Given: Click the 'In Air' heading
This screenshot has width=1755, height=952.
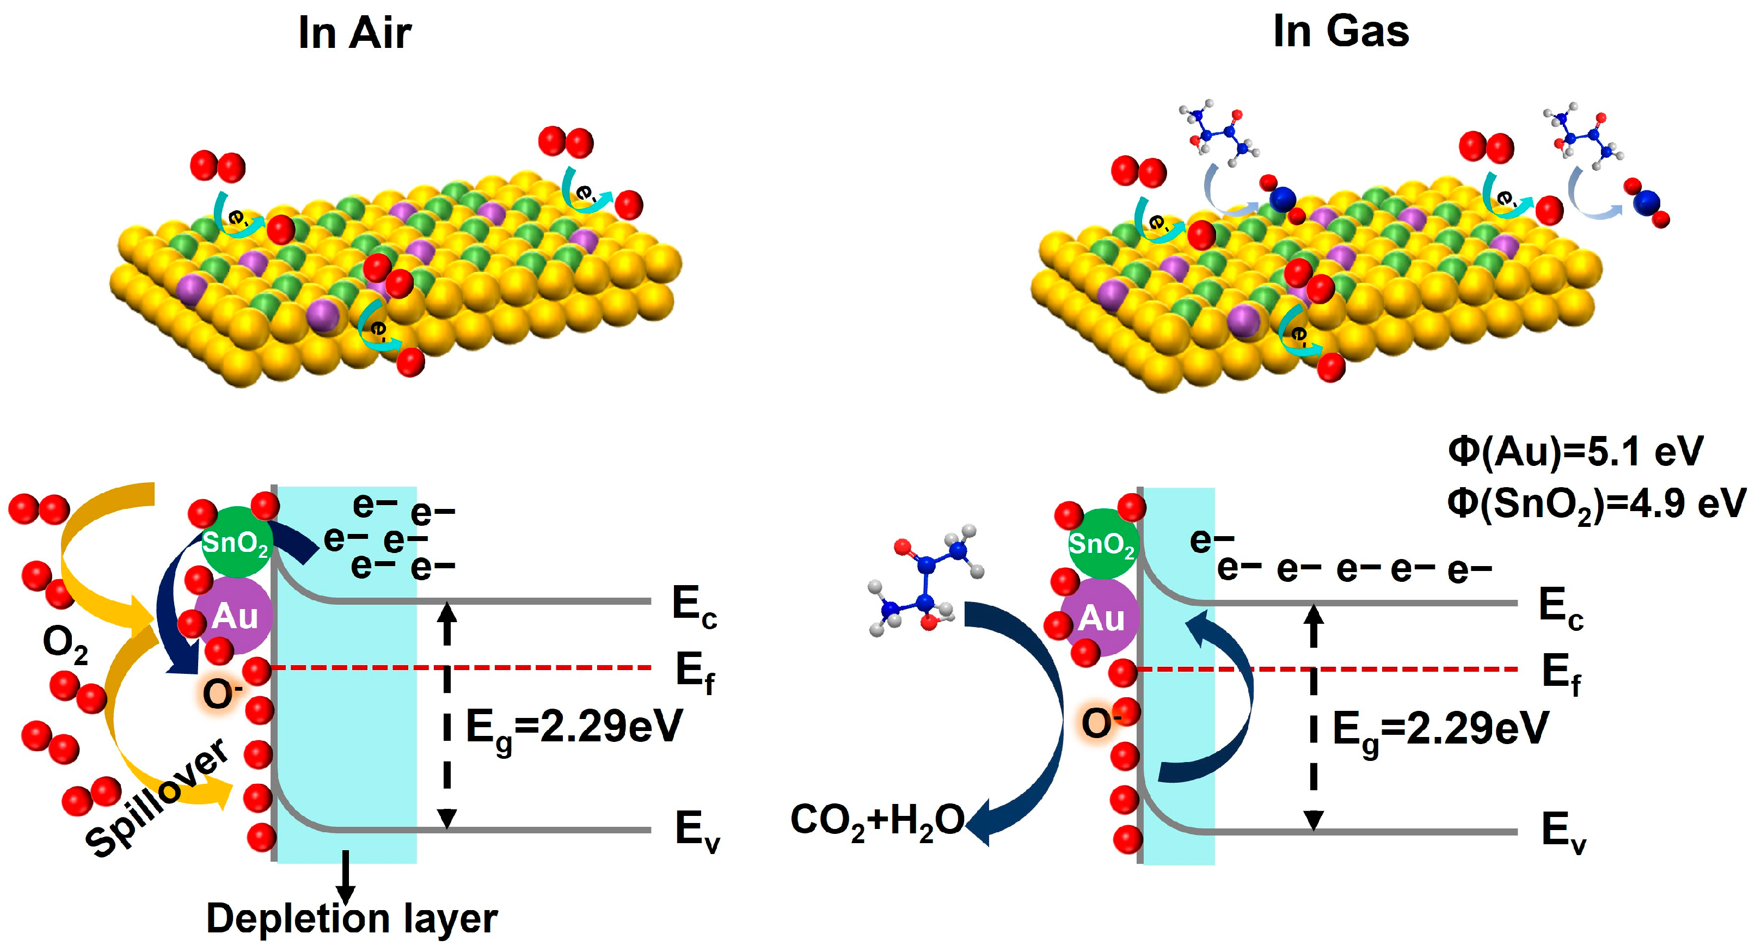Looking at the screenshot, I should tap(354, 33).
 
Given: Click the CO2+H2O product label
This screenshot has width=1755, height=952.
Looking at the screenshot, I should tap(877, 821).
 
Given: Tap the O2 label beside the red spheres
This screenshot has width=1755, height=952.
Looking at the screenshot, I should tap(65, 643).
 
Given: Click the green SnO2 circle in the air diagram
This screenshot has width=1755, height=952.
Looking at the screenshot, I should tap(236, 543).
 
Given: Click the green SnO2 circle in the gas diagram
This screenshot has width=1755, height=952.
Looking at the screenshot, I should tap(1101, 544).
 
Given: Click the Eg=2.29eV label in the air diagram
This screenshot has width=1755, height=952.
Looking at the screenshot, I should tap(574, 728).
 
